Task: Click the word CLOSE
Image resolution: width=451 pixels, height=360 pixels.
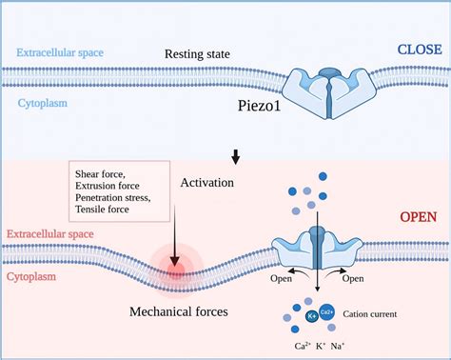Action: (x=420, y=50)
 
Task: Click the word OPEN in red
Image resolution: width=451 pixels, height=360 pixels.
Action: (x=419, y=217)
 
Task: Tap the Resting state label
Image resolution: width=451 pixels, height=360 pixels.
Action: (x=197, y=54)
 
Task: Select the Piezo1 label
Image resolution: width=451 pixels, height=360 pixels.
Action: (x=259, y=106)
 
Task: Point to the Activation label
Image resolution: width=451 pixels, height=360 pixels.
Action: (x=207, y=183)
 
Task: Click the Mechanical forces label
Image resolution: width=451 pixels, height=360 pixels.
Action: (x=179, y=311)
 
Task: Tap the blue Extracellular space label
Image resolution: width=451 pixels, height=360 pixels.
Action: (x=60, y=52)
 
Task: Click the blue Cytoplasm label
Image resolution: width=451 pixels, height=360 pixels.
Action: (x=43, y=103)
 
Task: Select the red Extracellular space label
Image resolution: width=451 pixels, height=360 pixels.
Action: (x=50, y=234)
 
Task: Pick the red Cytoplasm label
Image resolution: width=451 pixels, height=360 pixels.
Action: (x=31, y=276)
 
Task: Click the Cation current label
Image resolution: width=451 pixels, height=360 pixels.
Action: (x=370, y=314)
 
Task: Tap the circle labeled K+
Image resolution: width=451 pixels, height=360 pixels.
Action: (x=312, y=316)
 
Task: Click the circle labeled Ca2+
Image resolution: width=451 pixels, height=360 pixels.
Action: (x=326, y=312)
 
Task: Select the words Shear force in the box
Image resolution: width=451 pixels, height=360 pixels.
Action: (x=100, y=174)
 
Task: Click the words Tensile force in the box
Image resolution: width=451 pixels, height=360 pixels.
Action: (x=102, y=210)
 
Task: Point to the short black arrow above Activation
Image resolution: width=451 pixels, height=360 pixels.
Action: (x=235, y=157)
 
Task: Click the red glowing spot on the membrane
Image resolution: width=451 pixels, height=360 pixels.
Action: (x=176, y=269)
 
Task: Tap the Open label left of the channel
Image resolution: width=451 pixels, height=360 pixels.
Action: (x=281, y=278)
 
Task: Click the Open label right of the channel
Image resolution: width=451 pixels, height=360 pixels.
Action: (x=353, y=278)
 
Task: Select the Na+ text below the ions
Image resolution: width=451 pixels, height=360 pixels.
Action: (x=338, y=346)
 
